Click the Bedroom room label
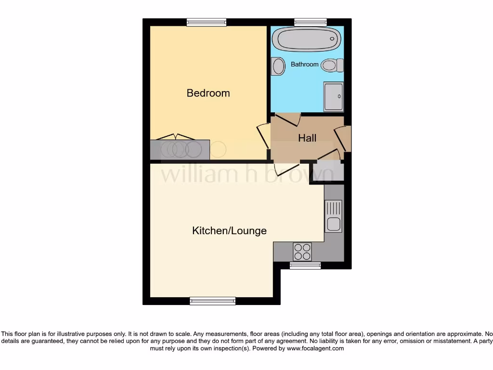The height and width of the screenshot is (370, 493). coord(208,93)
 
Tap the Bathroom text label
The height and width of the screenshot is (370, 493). coord(304,64)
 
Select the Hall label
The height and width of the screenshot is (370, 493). coord(307,138)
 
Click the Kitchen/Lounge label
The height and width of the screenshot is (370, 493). coord(229,231)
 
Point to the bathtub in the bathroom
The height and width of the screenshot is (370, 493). coord(307,39)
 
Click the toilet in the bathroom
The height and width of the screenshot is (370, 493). coord(332,65)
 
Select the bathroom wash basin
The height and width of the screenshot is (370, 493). coord(277,66)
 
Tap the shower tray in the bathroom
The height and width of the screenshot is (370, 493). coord(334,96)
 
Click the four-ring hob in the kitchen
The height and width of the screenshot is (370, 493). coord(302,251)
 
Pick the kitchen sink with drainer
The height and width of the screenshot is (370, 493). coord(333,216)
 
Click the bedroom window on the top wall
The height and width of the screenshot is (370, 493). coord(207,22)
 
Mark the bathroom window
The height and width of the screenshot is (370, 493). coord(311,22)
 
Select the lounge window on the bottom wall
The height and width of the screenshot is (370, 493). coord(213,301)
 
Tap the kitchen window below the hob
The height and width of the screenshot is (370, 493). coord(305,265)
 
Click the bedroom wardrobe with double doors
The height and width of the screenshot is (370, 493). coord(180,149)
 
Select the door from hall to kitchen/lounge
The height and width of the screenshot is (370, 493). coord(286,167)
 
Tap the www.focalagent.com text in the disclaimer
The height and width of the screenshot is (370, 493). coord(315,348)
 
